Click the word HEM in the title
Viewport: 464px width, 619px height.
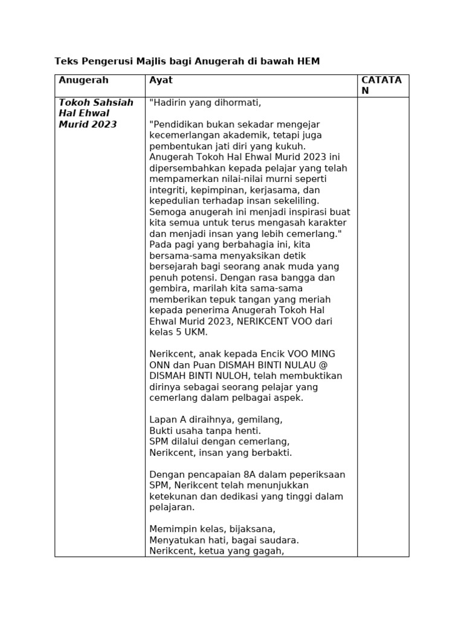point(308,61)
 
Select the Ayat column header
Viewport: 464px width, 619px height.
point(161,80)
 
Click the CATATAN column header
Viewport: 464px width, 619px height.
point(381,85)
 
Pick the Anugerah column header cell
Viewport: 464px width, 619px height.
point(83,80)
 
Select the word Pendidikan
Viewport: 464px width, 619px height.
point(182,124)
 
